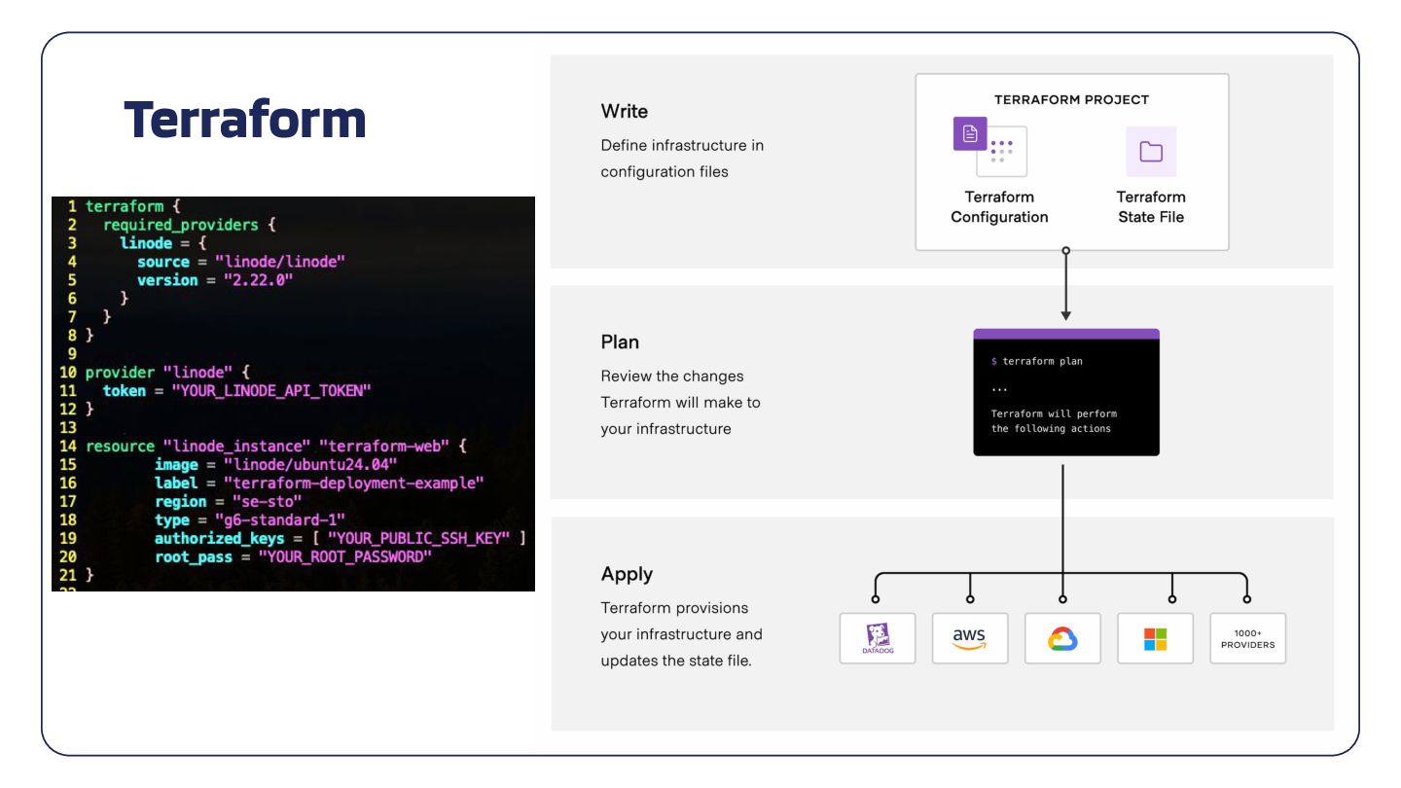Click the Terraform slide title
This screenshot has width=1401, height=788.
pos(245,119)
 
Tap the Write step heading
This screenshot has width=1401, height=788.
pos(625,111)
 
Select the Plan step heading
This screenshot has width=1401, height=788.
pos(620,342)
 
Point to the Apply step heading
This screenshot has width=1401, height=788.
pos(627,574)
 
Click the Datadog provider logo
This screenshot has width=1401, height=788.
pos(878,638)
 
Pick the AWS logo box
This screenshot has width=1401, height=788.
pos(970,638)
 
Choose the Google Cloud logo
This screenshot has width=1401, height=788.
pos(1062,638)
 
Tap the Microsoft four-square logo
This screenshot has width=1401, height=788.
pos(1155,638)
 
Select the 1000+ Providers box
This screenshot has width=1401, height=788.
pos(1247,638)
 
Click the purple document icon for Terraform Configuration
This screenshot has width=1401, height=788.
pos(970,134)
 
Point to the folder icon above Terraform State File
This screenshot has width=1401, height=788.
pos(1151,151)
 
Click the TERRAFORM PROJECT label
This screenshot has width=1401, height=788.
pos(1071,99)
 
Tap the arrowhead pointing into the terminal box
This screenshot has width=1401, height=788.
pos(1066,314)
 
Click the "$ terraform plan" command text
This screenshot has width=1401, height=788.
pos(1036,361)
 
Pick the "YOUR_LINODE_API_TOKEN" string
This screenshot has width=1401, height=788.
pos(271,390)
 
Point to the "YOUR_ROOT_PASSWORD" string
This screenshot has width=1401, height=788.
pos(343,556)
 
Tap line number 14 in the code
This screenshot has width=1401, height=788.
pos(68,446)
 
